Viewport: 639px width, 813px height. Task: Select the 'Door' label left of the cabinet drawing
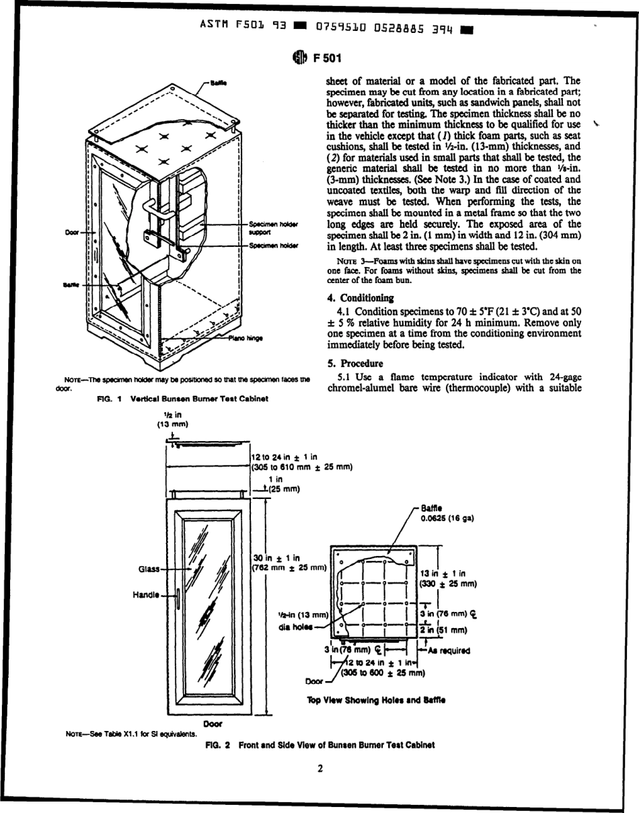click(72, 233)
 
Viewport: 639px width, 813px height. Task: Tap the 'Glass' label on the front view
click(149, 569)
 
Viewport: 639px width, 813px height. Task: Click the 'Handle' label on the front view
click(147, 594)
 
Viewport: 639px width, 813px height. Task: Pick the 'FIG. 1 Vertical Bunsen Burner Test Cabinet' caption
click(182, 399)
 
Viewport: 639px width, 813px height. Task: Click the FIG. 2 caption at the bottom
click(319, 744)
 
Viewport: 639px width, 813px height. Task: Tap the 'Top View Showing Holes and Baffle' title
click(376, 700)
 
